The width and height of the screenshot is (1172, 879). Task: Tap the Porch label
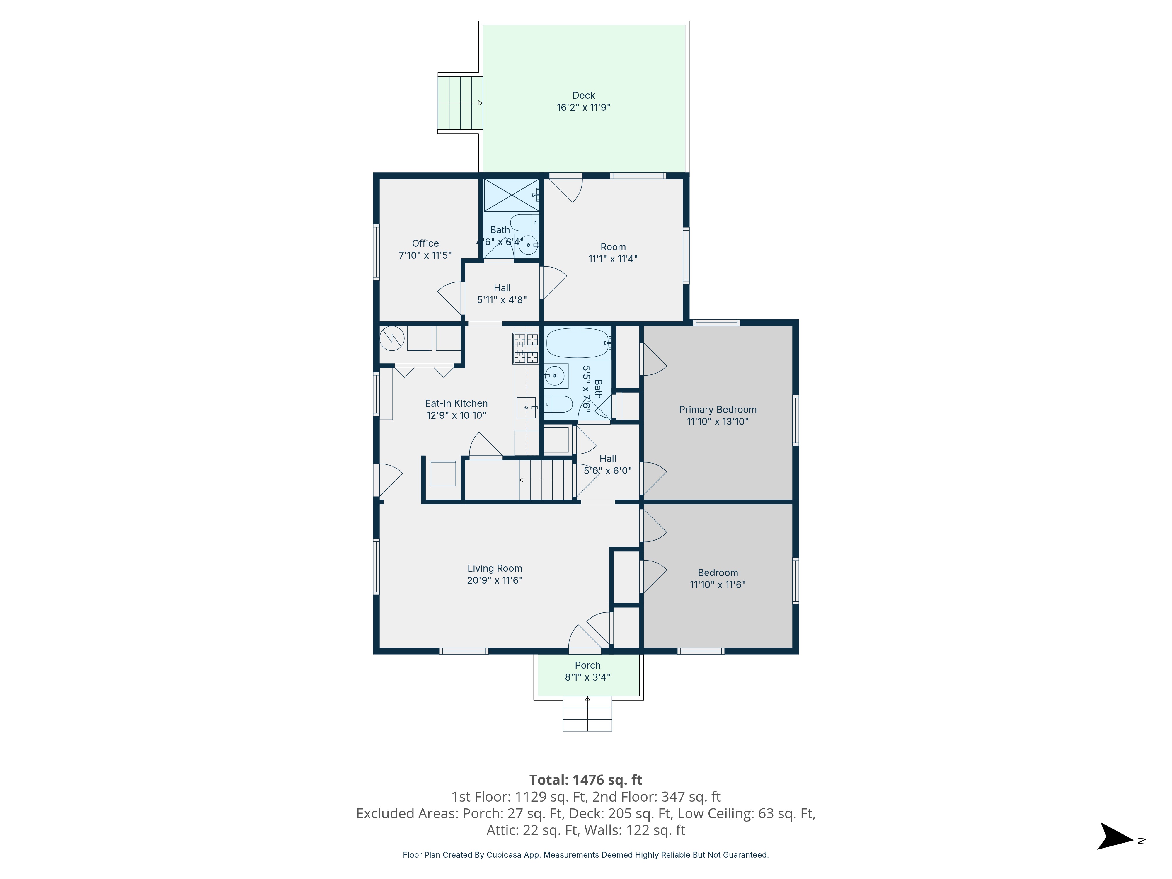coord(587,665)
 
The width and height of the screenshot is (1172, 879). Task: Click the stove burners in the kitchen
coord(526,348)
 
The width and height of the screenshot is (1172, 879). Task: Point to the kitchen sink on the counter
coord(527,408)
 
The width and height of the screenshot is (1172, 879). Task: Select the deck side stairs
coord(460,103)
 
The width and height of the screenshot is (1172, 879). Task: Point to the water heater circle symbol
coord(391,339)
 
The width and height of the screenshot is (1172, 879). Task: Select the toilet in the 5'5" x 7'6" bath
coord(558,404)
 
